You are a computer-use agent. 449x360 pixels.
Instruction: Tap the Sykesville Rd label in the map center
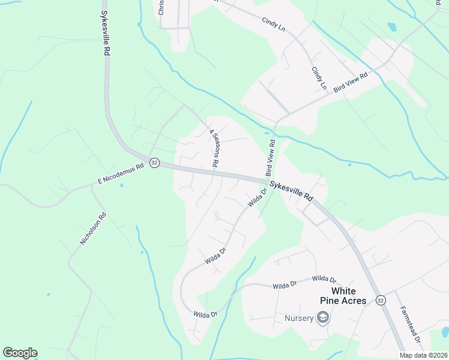coord(291,190)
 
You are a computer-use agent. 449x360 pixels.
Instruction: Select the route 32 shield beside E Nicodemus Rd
coord(154,163)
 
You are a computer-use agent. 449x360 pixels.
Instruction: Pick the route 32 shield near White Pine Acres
coord(381,299)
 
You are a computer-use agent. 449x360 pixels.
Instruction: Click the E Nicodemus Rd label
coord(121,175)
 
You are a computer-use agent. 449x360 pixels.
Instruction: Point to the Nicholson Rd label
coord(93,229)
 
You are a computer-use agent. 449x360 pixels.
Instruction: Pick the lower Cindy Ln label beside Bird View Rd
coord(318,78)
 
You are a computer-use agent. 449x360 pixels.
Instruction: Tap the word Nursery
coord(299,317)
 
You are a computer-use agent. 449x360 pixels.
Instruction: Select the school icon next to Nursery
coord(323,317)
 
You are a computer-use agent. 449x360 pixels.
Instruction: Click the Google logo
coord(20,353)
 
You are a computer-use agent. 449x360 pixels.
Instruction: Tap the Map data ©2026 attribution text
coord(423,355)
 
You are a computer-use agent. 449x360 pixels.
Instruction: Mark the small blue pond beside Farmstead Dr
coord(445,332)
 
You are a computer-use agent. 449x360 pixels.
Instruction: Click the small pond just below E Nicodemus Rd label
coord(121,185)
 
